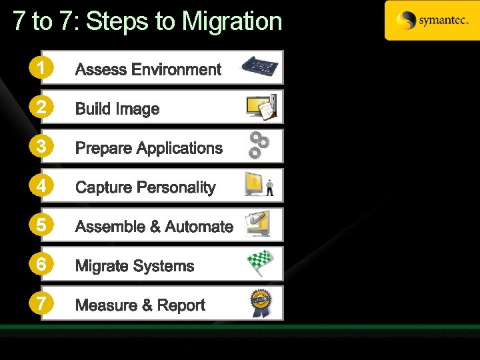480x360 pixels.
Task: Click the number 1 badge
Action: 41,68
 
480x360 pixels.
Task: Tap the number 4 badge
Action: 41,186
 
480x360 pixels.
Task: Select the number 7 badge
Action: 41,304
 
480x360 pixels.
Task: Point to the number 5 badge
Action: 41,225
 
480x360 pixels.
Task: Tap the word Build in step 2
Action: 93,109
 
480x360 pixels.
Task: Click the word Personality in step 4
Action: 175,187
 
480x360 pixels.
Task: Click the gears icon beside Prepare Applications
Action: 258,145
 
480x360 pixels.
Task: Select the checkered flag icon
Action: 260,263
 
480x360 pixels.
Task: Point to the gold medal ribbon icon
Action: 260,303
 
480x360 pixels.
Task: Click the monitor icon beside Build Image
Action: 261,107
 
